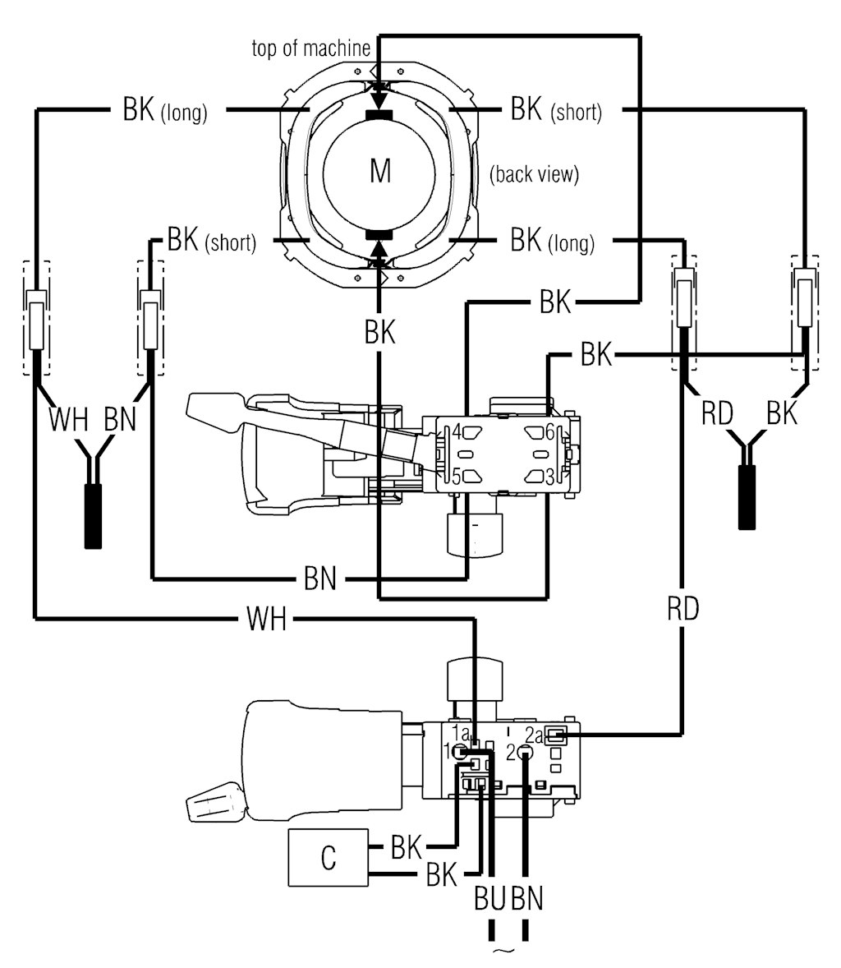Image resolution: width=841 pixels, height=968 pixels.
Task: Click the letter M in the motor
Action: (x=379, y=172)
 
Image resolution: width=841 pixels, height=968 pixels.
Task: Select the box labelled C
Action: (x=328, y=858)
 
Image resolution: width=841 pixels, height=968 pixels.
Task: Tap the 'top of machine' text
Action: (x=310, y=48)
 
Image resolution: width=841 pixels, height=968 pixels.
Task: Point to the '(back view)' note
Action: (x=534, y=174)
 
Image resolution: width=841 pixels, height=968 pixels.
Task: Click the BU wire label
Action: (x=490, y=899)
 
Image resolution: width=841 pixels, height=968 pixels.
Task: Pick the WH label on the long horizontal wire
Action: (x=266, y=619)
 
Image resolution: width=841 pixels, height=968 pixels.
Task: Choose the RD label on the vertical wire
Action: (x=682, y=609)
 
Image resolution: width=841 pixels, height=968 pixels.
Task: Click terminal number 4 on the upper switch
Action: (x=454, y=431)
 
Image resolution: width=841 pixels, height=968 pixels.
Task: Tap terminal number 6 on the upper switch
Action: (x=549, y=431)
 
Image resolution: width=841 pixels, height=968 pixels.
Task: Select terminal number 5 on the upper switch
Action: (x=453, y=475)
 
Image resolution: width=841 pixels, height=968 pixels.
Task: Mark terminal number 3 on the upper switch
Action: (x=549, y=475)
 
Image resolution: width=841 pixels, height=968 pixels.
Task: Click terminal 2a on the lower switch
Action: (x=534, y=734)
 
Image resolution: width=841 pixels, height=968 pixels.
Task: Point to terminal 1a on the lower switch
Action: (x=460, y=732)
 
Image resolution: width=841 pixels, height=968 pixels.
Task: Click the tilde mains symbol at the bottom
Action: (x=507, y=953)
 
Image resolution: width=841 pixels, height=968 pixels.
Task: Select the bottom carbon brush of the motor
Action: (x=379, y=236)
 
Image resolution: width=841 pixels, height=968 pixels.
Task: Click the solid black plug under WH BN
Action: (x=93, y=516)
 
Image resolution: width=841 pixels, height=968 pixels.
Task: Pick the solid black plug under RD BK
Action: (x=747, y=497)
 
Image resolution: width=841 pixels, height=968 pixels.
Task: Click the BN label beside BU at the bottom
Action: (x=526, y=899)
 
